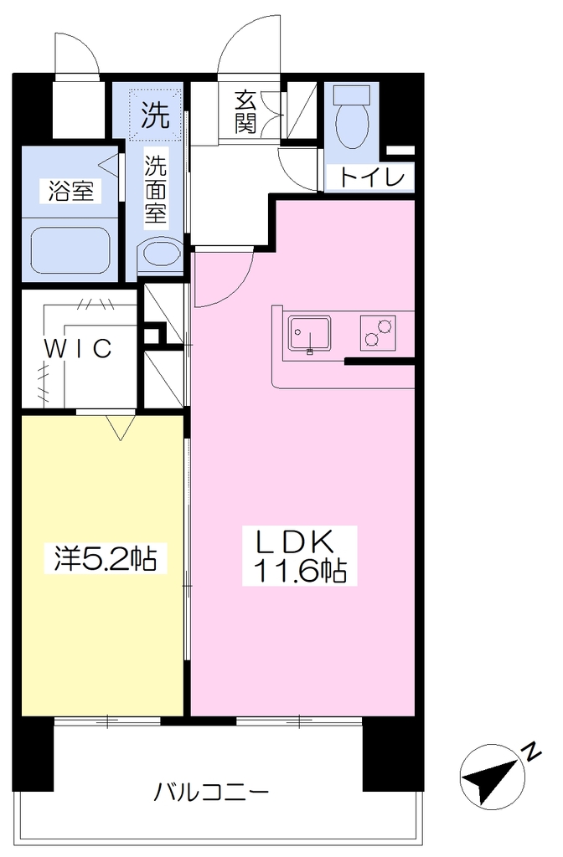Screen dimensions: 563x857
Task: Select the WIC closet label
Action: (78, 348)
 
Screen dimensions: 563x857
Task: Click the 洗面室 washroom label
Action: (155, 188)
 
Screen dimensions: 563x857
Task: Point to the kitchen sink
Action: (309, 334)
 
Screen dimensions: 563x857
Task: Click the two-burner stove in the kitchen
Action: (378, 333)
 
